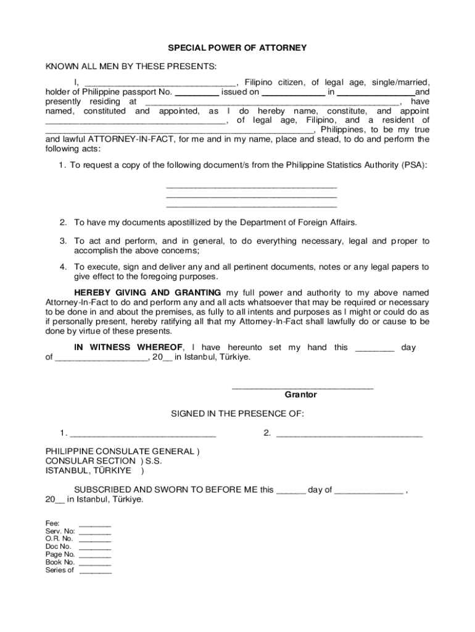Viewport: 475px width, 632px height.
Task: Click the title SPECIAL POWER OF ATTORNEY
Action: pyautogui.click(x=238, y=48)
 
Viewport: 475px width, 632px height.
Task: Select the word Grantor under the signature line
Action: pyautogui.click(x=300, y=394)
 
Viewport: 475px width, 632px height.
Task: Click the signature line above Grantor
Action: pyautogui.click(x=302, y=387)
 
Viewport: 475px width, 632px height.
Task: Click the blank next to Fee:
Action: pyautogui.click(x=95, y=525)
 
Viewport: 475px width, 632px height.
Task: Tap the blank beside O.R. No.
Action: pyautogui.click(x=95, y=541)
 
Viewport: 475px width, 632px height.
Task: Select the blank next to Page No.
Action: pyautogui.click(x=95, y=557)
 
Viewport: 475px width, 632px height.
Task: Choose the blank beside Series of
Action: pyautogui.click(x=96, y=572)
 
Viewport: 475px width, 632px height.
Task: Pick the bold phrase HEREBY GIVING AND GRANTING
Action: pyautogui.click(x=147, y=292)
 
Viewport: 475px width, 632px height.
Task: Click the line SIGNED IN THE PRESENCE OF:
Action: pyautogui.click(x=238, y=414)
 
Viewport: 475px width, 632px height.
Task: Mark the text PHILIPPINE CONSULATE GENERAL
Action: pyautogui.click(x=120, y=451)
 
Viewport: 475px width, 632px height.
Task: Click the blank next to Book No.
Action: pyautogui.click(x=95, y=564)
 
